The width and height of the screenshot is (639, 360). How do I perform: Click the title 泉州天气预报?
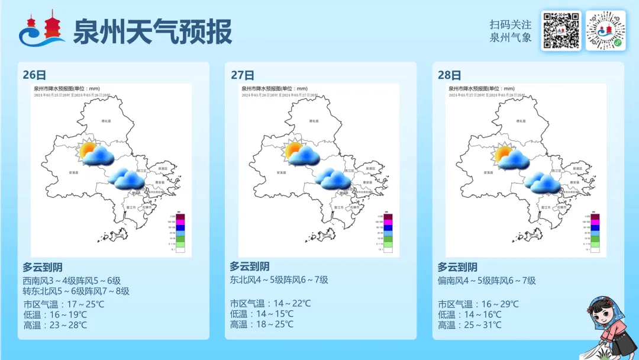[x=152, y=31]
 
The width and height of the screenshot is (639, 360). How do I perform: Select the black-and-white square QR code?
[x=560, y=31]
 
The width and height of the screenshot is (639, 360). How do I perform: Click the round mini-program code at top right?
[x=605, y=31]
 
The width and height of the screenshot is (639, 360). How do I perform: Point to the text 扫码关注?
[x=510, y=25]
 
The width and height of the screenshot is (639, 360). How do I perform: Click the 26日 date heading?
[x=34, y=75]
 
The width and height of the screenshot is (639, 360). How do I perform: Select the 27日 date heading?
[x=243, y=75]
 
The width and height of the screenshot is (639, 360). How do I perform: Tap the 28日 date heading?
[x=450, y=75]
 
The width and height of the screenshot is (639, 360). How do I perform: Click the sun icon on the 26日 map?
[x=88, y=150]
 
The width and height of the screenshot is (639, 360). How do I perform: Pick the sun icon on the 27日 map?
[x=294, y=150]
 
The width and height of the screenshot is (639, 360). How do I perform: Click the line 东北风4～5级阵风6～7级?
[x=279, y=280]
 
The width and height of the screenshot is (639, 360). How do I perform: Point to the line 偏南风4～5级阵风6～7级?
[x=486, y=281]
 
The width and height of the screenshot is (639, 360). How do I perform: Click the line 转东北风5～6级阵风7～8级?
[x=76, y=291]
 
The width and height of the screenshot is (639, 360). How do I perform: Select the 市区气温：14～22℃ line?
[x=270, y=304]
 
